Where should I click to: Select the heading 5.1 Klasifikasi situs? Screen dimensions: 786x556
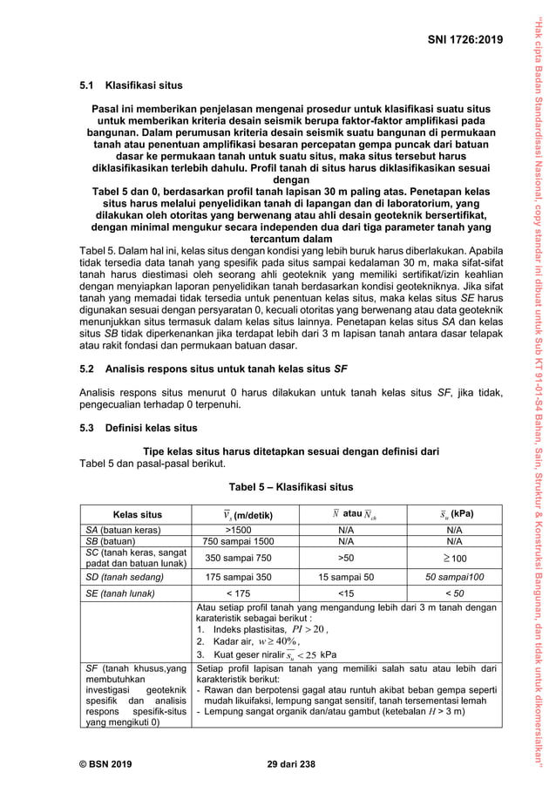pos(131,86)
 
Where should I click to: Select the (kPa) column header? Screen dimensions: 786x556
pos(453,514)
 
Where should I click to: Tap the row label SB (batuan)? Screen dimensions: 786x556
pos(112,540)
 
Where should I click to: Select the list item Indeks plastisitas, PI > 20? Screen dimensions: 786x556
pos(261,629)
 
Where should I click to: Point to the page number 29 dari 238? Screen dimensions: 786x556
pos(290,764)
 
